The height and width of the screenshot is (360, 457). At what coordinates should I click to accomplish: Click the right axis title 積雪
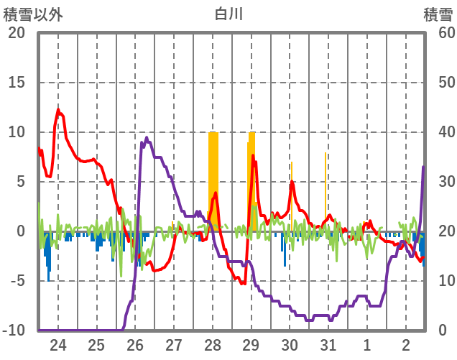point(438,14)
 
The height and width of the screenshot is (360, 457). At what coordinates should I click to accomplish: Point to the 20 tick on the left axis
point(16,33)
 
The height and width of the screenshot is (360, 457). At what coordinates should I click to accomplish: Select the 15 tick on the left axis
point(16,83)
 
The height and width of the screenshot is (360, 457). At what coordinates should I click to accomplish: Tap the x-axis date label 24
point(58,343)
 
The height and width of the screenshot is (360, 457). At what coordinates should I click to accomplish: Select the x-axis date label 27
point(174,343)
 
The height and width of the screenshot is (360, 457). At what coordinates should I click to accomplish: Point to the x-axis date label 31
point(328,343)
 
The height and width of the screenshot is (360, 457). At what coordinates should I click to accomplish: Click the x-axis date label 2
point(405,343)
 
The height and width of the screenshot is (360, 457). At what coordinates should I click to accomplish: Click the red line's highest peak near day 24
point(59,110)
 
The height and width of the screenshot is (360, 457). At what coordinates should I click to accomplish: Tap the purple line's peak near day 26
point(147,138)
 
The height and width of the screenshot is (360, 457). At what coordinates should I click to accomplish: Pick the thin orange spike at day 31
point(325,187)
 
